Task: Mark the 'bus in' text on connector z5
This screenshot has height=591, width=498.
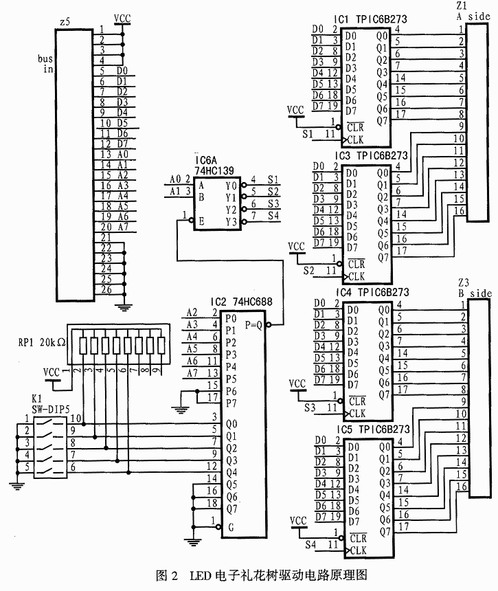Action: coord(46,64)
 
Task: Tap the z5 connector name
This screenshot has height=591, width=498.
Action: coord(65,23)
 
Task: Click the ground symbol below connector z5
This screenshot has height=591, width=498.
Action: coord(124,306)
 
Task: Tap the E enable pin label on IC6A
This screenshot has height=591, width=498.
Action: coord(201,221)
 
